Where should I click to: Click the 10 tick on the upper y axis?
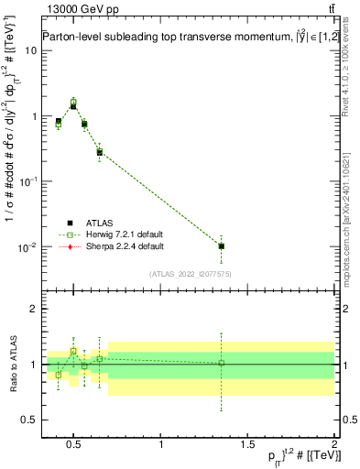29,50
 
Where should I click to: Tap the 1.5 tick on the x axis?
248,445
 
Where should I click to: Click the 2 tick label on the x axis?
334,445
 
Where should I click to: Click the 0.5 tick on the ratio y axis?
27,420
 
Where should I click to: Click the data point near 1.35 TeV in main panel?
221,245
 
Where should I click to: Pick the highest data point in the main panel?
73,104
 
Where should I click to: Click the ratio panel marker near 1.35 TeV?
221,363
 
